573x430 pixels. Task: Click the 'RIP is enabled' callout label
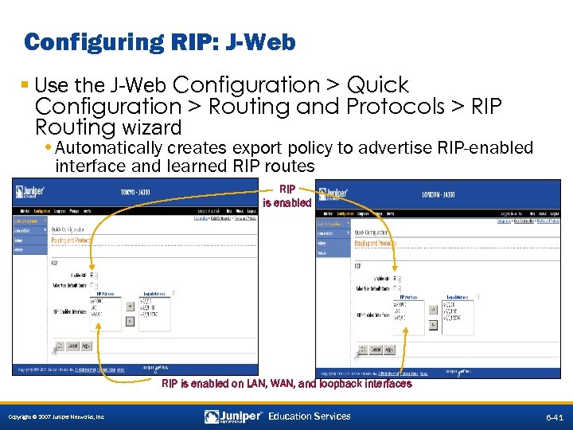coord(287,196)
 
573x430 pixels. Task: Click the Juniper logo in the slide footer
coord(232,416)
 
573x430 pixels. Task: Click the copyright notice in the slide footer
coord(56,417)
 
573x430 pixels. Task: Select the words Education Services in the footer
coord(309,416)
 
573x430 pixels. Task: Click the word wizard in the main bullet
coord(149,127)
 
